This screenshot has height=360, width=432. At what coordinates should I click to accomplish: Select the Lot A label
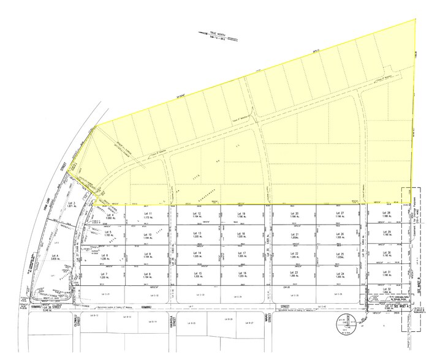[55, 255]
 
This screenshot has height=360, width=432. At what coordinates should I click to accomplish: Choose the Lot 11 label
[146, 214]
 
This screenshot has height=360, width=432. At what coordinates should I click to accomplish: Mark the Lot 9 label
[146, 254]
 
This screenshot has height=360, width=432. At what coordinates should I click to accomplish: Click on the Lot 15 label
[197, 274]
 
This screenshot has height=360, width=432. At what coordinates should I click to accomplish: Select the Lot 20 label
[294, 214]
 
